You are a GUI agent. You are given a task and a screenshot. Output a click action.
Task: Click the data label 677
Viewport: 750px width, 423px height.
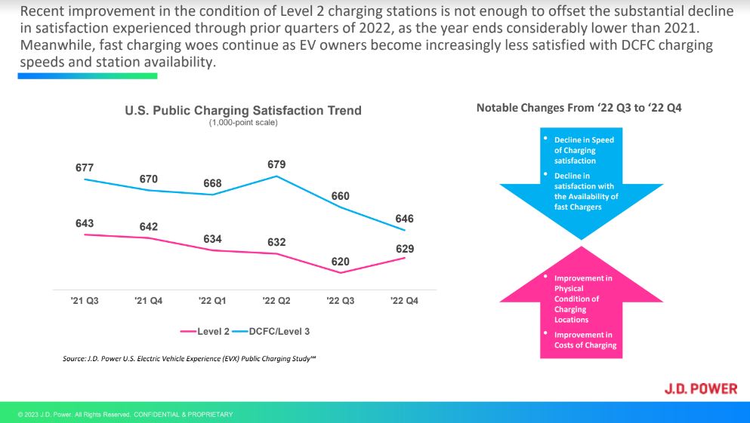click(85, 167)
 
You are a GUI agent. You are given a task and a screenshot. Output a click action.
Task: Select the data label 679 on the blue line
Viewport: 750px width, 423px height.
click(276, 164)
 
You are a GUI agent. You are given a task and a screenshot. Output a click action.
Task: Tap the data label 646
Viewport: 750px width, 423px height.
click(404, 219)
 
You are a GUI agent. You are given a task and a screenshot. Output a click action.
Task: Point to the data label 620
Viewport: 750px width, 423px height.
click(340, 262)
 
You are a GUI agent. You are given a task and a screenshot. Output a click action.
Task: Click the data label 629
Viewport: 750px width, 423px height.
click(404, 249)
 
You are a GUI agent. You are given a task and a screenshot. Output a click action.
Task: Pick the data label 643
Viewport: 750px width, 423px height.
click(85, 223)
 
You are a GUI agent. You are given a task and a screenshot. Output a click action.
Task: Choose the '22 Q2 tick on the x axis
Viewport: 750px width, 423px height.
click(276, 301)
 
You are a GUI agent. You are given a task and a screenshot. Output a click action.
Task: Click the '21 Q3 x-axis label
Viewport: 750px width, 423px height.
click(85, 301)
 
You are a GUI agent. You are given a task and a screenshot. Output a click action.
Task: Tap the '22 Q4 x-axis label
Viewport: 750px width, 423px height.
click(404, 301)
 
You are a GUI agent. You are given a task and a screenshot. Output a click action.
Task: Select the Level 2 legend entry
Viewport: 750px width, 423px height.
click(205, 331)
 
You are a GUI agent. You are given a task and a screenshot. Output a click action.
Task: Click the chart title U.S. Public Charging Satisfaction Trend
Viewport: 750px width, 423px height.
click(243, 111)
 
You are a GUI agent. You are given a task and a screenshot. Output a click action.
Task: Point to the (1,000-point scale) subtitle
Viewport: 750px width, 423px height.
click(243, 123)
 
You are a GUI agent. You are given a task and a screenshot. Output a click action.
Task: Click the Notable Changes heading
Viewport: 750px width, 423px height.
click(579, 108)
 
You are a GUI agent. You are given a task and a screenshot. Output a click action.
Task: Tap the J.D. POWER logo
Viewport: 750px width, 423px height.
click(700, 389)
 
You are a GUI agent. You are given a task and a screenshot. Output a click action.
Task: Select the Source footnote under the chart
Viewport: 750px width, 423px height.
click(189, 358)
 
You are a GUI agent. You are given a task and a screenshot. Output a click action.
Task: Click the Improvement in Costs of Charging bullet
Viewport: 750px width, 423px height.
click(585, 340)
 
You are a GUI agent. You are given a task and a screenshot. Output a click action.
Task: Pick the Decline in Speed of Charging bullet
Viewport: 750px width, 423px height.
click(584, 150)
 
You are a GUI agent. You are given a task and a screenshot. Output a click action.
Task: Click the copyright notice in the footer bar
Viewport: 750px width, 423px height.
click(125, 415)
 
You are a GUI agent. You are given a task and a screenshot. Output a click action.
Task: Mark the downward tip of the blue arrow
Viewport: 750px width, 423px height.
click(579, 238)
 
